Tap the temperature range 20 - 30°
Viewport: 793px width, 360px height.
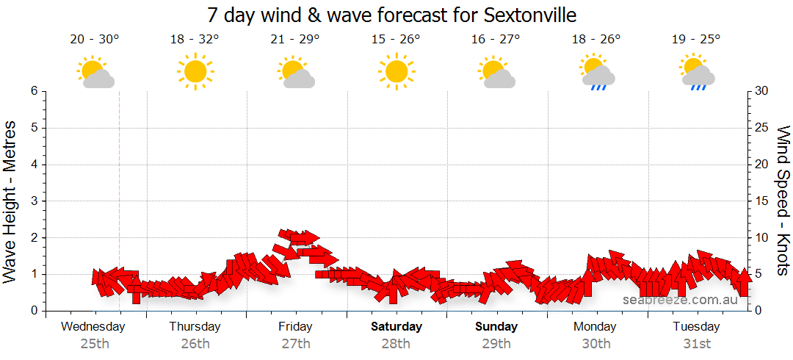pos(95,40)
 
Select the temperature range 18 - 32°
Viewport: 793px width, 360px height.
pos(195,40)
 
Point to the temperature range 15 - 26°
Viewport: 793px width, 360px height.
pos(396,40)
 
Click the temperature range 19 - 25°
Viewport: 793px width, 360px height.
pos(696,40)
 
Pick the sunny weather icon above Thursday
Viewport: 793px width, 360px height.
pos(195,72)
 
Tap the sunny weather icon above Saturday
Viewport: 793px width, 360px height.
pos(396,72)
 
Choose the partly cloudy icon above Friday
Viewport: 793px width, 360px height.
pos(296,72)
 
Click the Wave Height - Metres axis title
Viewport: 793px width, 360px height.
pos(11,201)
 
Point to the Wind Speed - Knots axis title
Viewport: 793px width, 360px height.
pos(783,201)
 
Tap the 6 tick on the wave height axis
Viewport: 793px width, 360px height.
pos(34,91)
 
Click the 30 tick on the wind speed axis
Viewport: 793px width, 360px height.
pos(762,91)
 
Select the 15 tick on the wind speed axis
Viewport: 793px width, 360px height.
pos(762,201)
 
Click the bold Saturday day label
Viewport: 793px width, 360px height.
pos(396,327)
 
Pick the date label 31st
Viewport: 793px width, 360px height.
pos(696,343)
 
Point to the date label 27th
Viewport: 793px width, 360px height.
pos(295,343)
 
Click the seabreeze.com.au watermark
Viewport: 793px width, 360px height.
pos(680,300)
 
